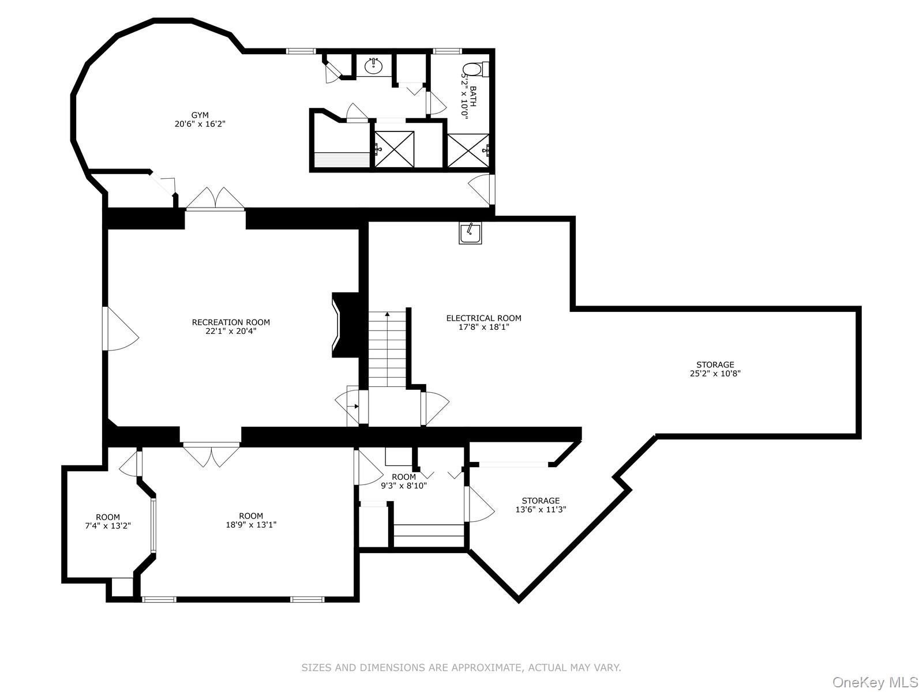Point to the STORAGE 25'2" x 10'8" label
tap(715, 369)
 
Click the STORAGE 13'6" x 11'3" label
tap(541, 505)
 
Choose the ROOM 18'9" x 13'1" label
tap(251, 520)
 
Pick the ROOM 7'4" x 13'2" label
tap(108, 521)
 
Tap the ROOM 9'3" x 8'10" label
tap(404, 482)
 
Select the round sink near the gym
tap(373, 66)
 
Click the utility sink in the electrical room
tap(470, 233)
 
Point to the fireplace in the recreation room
tap(345, 325)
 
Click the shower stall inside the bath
tap(468, 151)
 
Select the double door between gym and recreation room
tap(215, 198)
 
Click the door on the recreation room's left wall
tap(121, 329)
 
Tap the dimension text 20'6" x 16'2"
tap(200, 124)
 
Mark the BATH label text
tap(473, 96)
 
